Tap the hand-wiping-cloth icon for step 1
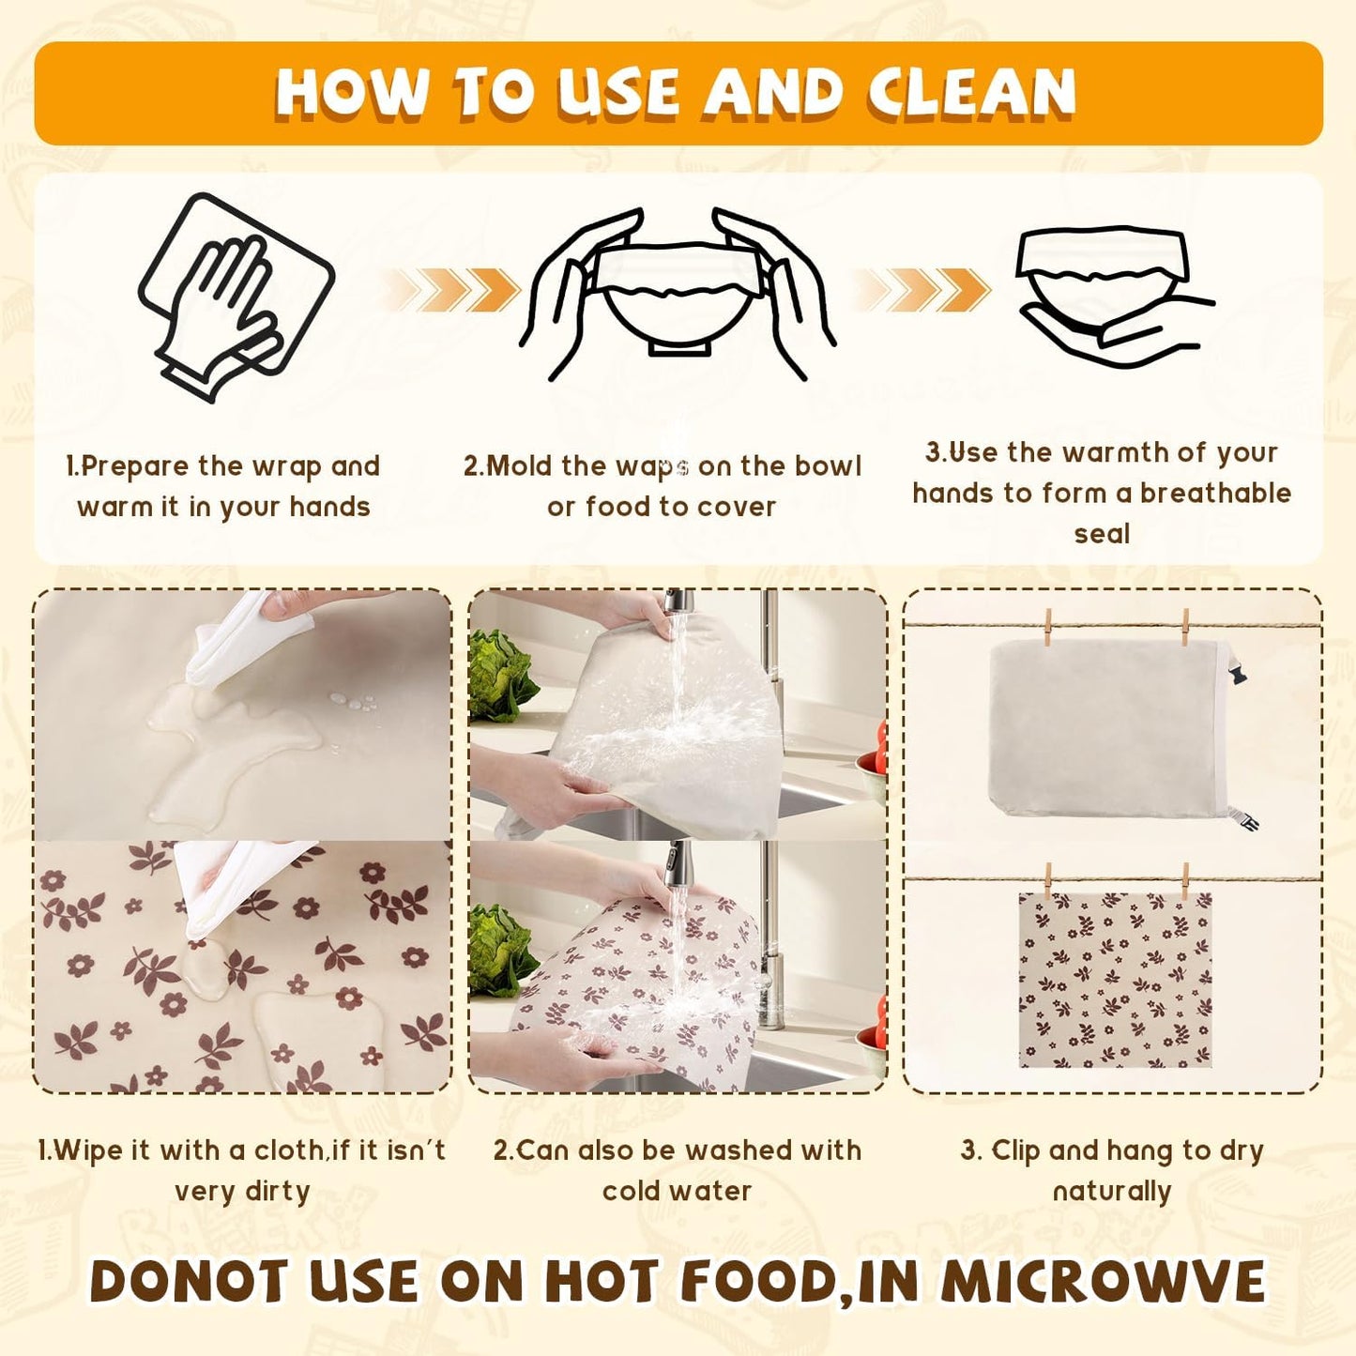235,296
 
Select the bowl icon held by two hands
678,291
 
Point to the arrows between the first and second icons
455,289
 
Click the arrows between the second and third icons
924,289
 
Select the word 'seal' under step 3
1102,534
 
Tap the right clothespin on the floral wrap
1186,882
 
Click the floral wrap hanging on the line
1115,981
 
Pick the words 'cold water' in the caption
677,1191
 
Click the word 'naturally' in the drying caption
1112,1191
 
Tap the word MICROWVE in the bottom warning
1103,1282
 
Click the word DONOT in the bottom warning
188,1282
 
